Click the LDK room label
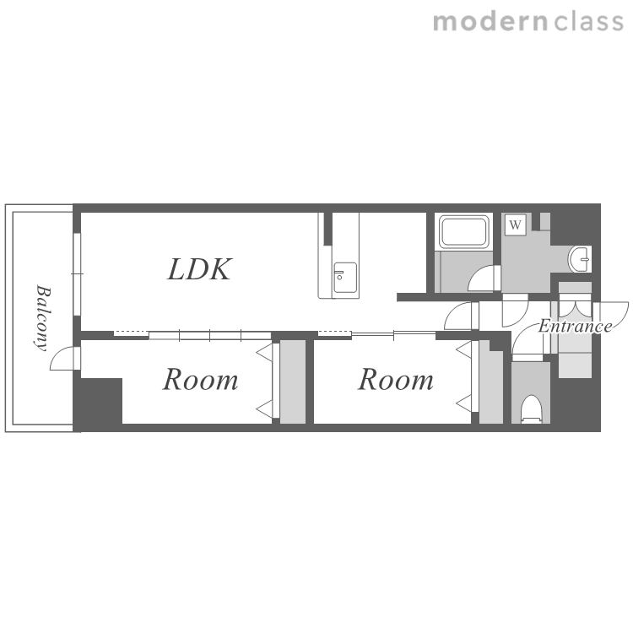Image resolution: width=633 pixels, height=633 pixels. pos(199,269)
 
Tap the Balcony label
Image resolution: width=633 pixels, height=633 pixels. pos(42,318)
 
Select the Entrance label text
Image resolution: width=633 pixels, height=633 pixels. pos(576,326)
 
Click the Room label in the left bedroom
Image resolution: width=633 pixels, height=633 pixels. pos(200,380)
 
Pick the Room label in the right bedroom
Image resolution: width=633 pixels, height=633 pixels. pos(396,380)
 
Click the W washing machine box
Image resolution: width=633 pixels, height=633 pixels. pos(515,225)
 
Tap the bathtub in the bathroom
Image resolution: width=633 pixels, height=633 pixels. pos(464,232)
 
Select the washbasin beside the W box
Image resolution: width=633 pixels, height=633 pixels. pos(580,259)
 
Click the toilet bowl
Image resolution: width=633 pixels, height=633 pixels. pos(531,409)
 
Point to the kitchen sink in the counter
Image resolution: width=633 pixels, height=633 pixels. pos(344,279)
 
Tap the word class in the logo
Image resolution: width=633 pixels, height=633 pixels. pos(589,22)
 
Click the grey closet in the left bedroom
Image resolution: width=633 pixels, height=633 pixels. pos(293,381)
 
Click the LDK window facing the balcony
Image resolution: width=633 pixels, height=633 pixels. pos(77,273)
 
